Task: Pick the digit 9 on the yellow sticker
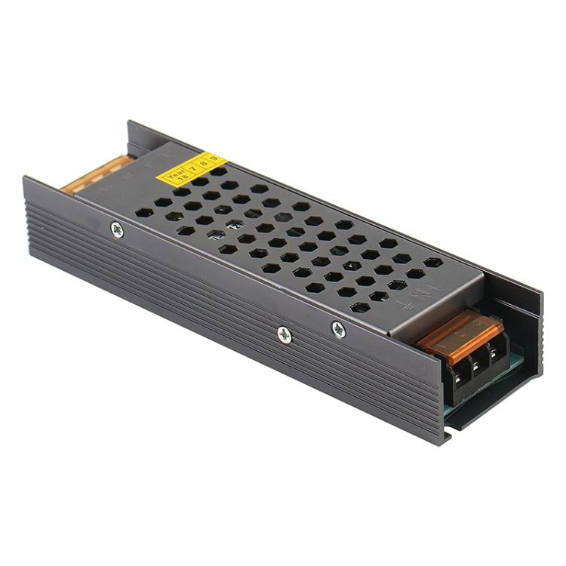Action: (214, 158)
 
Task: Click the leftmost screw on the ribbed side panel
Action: (118, 230)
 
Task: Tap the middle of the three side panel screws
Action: (284, 334)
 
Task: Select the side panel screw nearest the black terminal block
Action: (337, 328)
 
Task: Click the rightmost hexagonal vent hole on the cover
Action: (432, 263)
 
